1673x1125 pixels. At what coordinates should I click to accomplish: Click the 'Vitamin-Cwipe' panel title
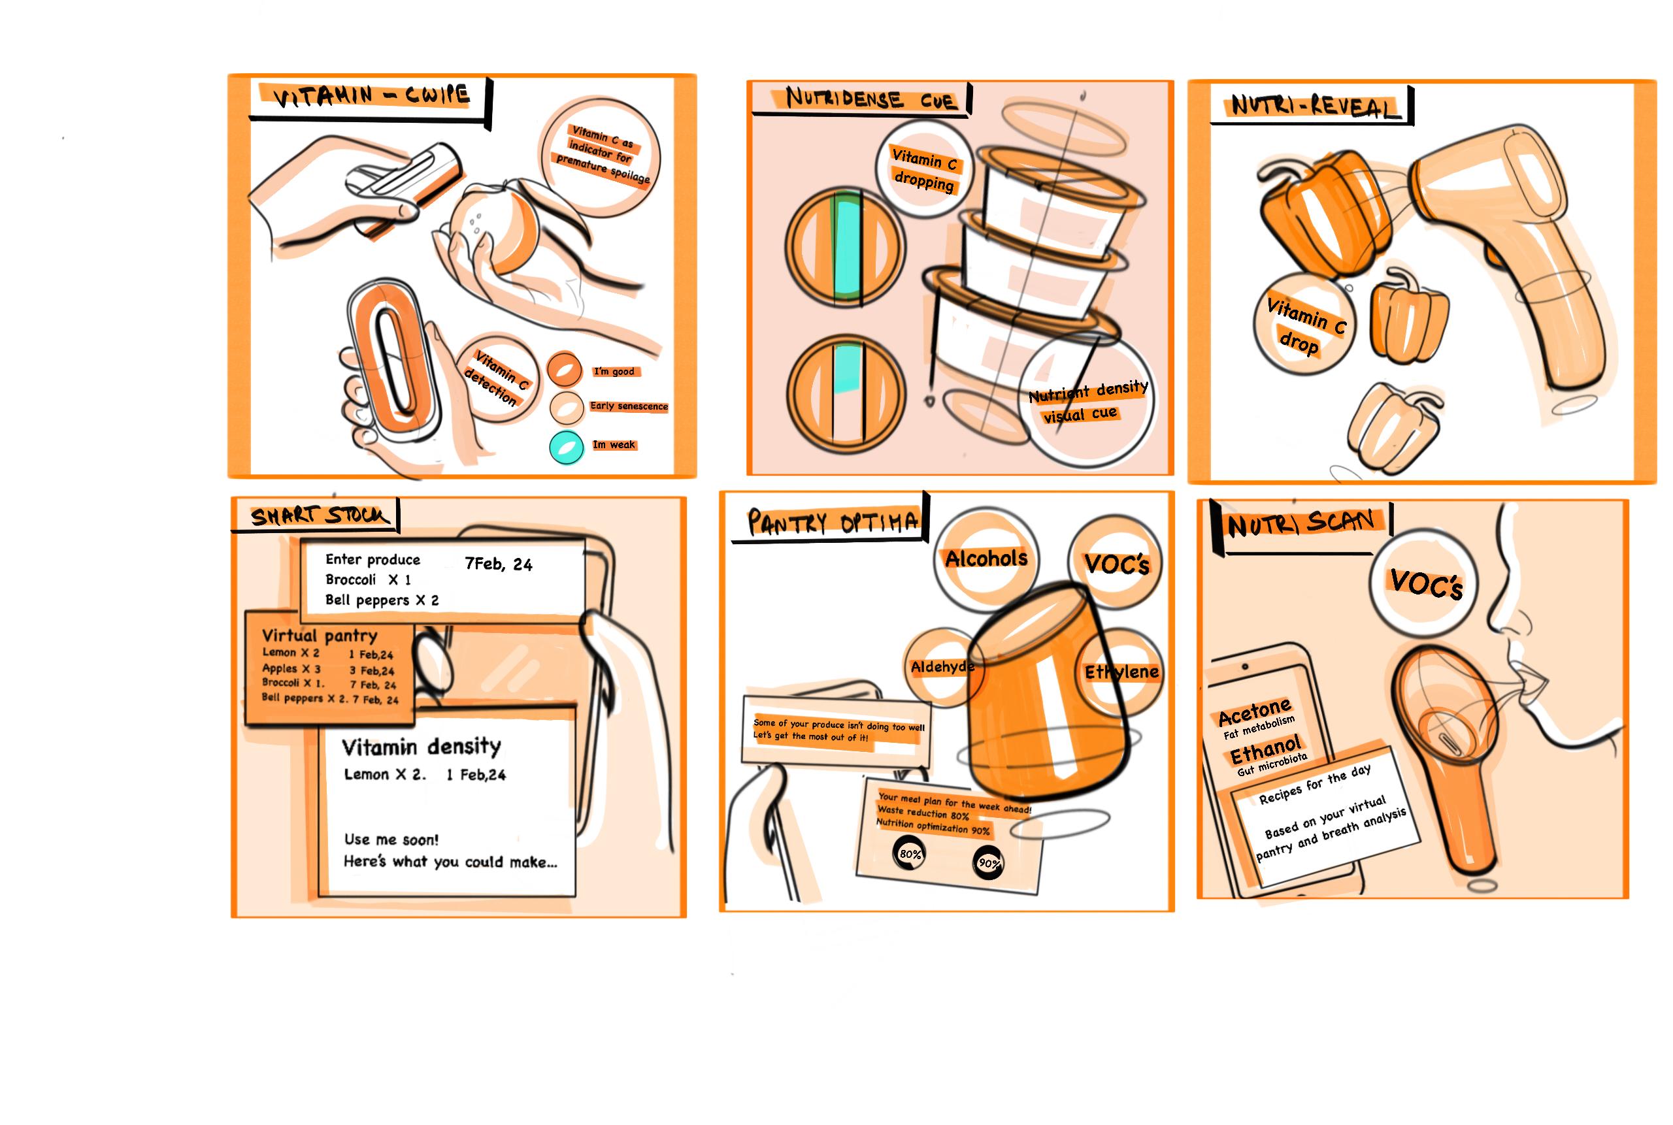[x=372, y=95]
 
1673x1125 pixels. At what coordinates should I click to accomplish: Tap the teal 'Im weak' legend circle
[x=567, y=447]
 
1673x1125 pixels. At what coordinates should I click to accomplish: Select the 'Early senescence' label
[x=629, y=406]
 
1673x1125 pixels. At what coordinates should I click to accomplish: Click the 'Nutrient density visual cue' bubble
[x=1086, y=401]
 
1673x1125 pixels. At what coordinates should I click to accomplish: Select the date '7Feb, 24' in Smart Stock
[x=498, y=564]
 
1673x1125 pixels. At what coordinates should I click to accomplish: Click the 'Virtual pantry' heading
[x=320, y=636]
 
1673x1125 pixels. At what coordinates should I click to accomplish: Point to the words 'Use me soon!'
[x=391, y=840]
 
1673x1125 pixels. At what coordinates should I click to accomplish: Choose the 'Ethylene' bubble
[x=1121, y=672]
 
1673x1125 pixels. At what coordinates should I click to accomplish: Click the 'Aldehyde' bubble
[x=942, y=667]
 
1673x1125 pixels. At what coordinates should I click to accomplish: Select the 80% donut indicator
[x=910, y=854]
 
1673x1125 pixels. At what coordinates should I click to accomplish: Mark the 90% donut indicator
[x=988, y=863]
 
